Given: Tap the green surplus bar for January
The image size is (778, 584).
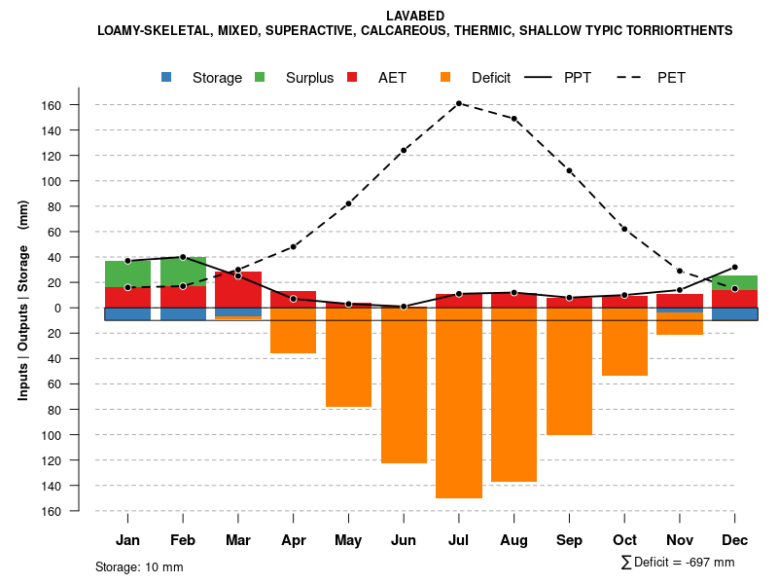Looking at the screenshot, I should (127, 274).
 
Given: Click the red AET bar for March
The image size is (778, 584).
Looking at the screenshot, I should (238, 289).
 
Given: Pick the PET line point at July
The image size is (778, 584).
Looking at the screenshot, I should (459, 103).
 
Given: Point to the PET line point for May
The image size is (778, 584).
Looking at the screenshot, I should (348, 203).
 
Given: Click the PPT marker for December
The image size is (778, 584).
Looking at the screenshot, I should (735, 267).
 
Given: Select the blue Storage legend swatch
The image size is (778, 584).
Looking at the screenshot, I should (167, 77).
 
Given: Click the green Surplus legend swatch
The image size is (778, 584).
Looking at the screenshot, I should (261, 77).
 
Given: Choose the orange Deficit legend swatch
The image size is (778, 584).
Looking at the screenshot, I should (445, 77).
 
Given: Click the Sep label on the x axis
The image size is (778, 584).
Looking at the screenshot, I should (569, 540).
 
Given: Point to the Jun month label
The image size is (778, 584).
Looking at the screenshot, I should (404, 540).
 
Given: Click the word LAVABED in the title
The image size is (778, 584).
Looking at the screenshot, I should (414, 16).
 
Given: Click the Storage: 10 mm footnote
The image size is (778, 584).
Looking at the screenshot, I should (139, 566).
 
